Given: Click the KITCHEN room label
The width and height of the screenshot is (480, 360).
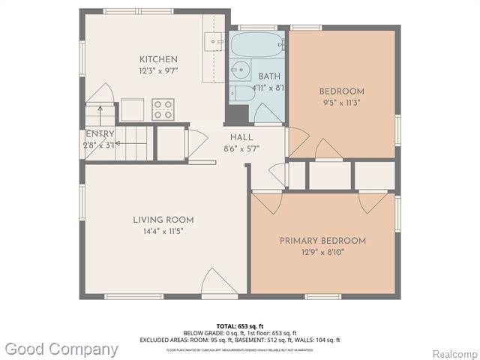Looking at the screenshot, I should coord(158,59).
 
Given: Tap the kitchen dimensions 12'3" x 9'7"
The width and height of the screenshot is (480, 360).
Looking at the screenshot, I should coord(158,70).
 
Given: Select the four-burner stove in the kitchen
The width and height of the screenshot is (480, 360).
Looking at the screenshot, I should coord(163,109).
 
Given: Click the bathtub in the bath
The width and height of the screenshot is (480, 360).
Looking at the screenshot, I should coord(256,44).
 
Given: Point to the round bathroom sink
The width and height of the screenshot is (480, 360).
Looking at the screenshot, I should coord(241,71).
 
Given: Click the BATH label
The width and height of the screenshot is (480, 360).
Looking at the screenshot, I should coord(269,76).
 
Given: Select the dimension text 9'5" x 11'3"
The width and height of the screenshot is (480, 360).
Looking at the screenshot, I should coord(340,103).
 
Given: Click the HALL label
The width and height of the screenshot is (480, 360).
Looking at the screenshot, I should coord(241,137).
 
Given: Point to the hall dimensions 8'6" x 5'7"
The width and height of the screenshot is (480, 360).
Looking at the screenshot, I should coord(241,148).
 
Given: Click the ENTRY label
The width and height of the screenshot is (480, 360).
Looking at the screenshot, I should coord(100,134).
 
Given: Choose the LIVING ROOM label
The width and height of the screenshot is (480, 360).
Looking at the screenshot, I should coord(163,220).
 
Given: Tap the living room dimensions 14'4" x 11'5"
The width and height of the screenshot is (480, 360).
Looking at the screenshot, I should coord(163,231).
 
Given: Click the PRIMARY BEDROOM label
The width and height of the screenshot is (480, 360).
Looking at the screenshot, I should coord(322,241).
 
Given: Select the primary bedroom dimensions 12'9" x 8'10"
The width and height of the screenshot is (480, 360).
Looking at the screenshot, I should coord(322,252).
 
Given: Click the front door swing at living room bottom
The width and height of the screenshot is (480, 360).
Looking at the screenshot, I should coord(218,284).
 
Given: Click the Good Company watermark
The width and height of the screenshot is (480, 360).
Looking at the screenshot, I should coord(61,349).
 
